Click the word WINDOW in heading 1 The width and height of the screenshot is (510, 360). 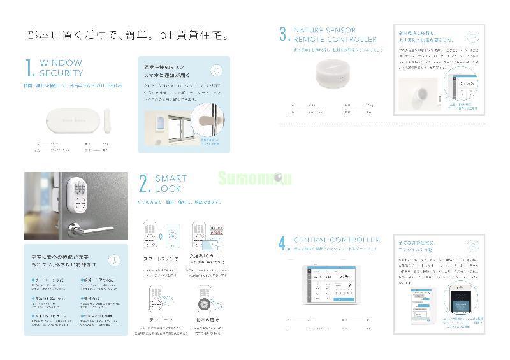61,63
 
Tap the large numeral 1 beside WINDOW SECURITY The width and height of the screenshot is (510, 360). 29,68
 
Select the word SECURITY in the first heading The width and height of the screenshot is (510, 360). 62,73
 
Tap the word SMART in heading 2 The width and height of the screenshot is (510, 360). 171,179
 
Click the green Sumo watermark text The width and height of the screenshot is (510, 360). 254,178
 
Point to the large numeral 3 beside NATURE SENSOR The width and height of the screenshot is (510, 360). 284,35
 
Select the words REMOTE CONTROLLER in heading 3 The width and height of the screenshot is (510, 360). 335,40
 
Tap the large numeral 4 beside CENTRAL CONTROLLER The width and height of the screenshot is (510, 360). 284,244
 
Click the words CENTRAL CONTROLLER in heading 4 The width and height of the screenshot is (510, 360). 337,240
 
